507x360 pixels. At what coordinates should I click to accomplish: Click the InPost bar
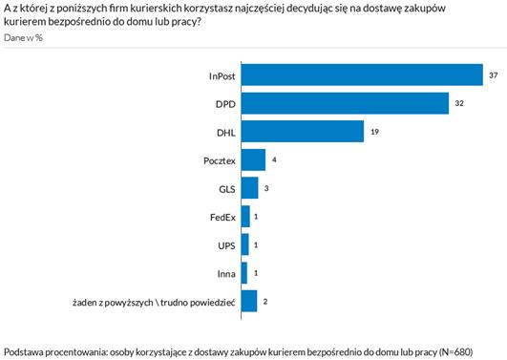(x=362, y=75)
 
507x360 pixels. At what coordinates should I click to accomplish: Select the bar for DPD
(x=345, y=103)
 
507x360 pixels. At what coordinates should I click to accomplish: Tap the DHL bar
(x=303, y=132)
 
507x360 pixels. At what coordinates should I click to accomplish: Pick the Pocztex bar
(x=254, y=159)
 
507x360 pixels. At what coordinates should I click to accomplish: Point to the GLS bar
(x=250, y=188)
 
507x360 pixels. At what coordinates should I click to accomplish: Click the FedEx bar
(x=245, y=217)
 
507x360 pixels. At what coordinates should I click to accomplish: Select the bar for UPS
(x=245, y=244)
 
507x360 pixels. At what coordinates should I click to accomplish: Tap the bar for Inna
(x=244, y=273)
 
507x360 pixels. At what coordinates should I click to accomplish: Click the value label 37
(x=493, y=75)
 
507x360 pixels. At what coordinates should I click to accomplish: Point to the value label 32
(x=459, y=103)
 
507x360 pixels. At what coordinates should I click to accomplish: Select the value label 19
(x=374, y=132)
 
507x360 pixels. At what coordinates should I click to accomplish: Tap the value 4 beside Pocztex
(x=274, y=159)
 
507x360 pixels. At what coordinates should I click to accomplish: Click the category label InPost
(x=222, y=76)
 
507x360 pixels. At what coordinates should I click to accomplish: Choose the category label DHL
(x=226, y=133)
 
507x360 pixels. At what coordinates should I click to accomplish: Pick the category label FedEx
(x=222, y=218)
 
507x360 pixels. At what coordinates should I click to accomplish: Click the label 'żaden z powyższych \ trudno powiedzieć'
(x=154, y=303)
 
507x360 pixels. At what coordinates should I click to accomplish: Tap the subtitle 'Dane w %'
(x=23, y=38)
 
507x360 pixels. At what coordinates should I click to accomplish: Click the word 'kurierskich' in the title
(x=157, y=8)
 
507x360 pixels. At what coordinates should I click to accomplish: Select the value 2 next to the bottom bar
(x=265, y=302)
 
